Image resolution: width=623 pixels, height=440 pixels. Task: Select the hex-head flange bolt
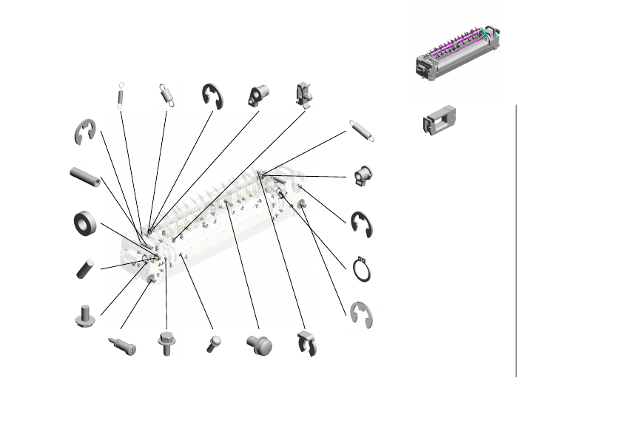pyautogui.click(x=166, y=343)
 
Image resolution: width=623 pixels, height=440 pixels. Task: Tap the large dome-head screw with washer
pyautogui.click(x=258, y=343)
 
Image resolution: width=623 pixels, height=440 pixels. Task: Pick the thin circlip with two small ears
pyautogui.click(x=361, y=269)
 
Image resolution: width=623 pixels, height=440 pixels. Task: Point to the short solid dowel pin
pyautogui.click(x=84, y=268)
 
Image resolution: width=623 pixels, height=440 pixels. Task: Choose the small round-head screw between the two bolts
pyautogui.click(x=213, y=343)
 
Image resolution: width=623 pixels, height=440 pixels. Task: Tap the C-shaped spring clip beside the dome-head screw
pyautogui.click(x=306, y=344)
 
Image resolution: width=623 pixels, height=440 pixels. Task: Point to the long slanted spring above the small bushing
pyautogui.click(x=361, y=130)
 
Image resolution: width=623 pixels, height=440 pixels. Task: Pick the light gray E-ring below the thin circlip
pyautogui.click(x=362, y=315)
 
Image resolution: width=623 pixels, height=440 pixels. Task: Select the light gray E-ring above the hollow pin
pyautogui.click(x=86, y=132)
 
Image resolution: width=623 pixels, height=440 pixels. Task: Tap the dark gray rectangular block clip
pyautogui.click(x=439, y=121)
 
